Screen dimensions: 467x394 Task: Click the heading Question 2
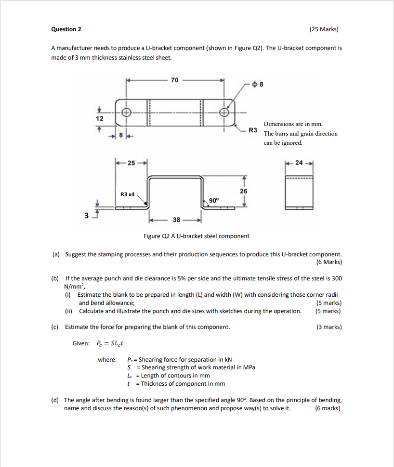(66, 29)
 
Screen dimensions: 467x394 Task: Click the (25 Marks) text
(324, 29)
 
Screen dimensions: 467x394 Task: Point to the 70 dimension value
(174, 80)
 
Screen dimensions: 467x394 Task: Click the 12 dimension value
(99, 118)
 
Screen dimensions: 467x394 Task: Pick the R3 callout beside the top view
(253, 130)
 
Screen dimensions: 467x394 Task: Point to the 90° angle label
(213, 200)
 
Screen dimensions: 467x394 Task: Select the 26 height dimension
(244, 191)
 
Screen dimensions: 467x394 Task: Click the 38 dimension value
(176, 219)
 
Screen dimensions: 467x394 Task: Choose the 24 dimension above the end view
(299, 163)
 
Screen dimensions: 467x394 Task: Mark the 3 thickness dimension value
(87, 216)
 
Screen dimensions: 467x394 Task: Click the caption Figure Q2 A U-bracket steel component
(197, 236)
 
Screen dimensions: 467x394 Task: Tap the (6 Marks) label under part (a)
(329, 262)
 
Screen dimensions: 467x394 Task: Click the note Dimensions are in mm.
(293, 124)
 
